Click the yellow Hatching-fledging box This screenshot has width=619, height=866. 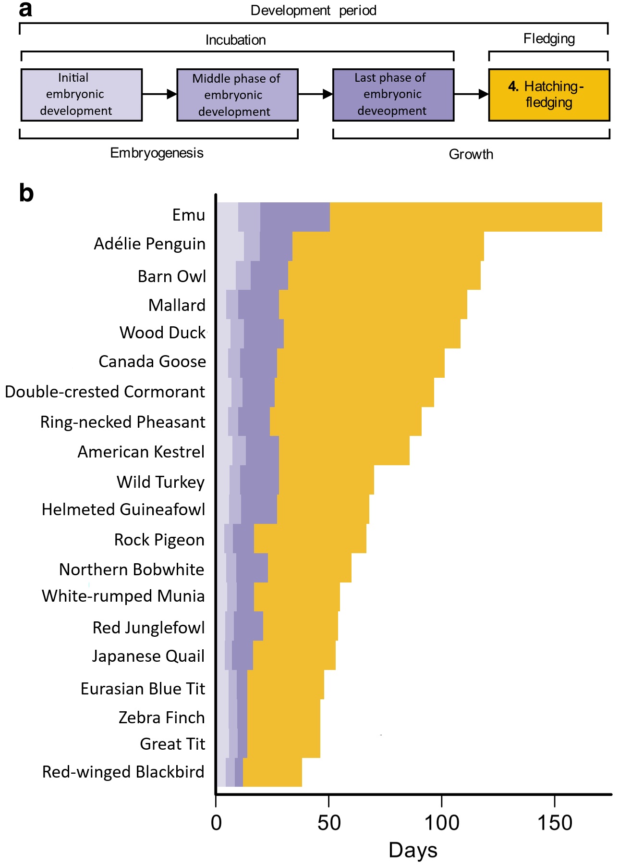click(x=548, y=95)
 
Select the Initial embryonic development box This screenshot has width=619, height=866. click(x=81, y=95)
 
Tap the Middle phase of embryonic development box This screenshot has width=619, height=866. click(x=237, y=95)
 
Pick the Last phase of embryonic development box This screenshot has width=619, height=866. click(x=393, y=95)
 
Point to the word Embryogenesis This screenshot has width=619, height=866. click(x=157, y=153)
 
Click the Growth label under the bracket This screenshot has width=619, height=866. click(x=471, y=154)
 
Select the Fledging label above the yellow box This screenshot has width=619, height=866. click(x=549, y=39)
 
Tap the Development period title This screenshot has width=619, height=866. click(x=313, y=11)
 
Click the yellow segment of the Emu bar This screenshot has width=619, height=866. click(x=465, y=217)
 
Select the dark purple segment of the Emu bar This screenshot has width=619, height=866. click(x=294, y=217)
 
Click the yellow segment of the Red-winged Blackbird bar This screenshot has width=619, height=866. click(x=272, y=772)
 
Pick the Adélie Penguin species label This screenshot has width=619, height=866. click(x=149, y=244)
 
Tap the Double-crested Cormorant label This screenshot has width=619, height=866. click(x=105, y=392)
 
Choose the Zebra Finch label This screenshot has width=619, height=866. click(x=161, y=718)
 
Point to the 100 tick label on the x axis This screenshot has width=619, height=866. click(x=441, y=823)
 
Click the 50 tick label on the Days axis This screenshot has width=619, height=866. click(x=329, y=823)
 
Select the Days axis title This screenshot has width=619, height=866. click(x=413, y=850)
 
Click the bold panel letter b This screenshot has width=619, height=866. click(x=26, y=193)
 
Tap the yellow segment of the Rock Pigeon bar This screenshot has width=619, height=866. click(x=310, y=538)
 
